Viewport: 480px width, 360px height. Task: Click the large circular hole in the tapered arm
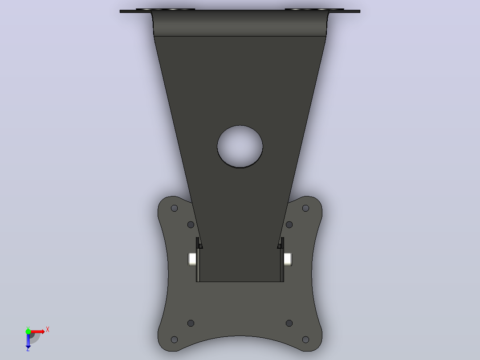click(x=240, y=147)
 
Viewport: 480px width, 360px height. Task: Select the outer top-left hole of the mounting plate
click(x=174, y=209)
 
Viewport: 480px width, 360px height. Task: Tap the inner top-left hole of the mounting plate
click(x=191, y=225)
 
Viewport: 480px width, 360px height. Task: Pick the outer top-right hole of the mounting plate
click(x=305, y=209)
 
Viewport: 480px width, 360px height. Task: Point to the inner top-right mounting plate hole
click(x=289, y=225)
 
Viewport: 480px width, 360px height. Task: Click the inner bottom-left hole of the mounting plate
click(x=191, y=323)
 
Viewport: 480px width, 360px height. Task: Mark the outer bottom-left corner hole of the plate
click(x=174, y=340)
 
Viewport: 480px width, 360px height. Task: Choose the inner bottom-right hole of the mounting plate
click(x=289, y=323)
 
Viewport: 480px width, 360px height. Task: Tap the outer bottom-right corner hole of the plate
click(x=305, y=340)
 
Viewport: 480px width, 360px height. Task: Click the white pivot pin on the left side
click(x=192, y=259)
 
